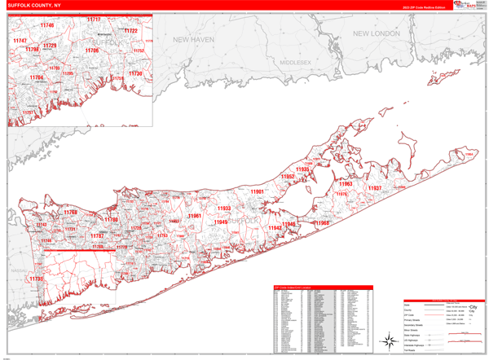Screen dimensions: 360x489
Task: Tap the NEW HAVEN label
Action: (193, 38)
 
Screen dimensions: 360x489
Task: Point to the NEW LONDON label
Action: (376, 34)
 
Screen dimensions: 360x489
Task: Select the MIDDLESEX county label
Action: (296, 62)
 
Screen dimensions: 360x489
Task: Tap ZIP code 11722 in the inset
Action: (130, 31)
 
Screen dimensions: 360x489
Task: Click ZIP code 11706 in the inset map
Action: (91, 50)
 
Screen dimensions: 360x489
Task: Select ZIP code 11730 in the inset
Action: (134, 74)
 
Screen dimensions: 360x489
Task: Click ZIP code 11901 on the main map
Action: (258, 191)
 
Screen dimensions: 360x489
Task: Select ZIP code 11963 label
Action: (346, 184)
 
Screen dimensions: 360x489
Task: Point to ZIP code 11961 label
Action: (194, 216)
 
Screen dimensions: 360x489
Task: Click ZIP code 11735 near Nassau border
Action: (35, 279)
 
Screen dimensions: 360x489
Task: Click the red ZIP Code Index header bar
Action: (323, 287)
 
